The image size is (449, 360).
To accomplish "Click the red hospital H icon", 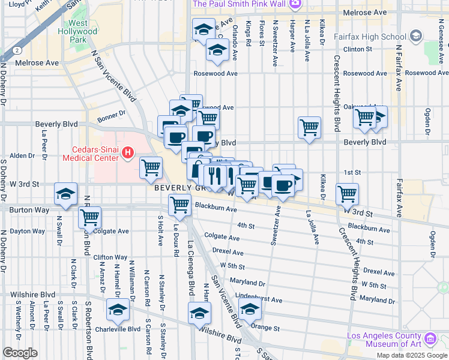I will (x=127, y=154).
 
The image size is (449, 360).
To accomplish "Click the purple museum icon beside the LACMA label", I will (x=430, y=340).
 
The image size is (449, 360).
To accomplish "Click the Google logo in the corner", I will (x=20, y=353).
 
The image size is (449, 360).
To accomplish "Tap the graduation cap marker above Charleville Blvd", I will (x=118, y=310).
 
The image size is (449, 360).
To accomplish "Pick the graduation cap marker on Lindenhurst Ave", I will (x=250, y=310).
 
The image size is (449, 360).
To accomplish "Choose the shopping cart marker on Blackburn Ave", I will (x=180, y=205).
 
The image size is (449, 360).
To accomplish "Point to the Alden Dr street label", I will (x=22, y=155).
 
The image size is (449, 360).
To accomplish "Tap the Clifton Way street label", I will (x=110, y=257).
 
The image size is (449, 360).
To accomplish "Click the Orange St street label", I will (x=266, y=328).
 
